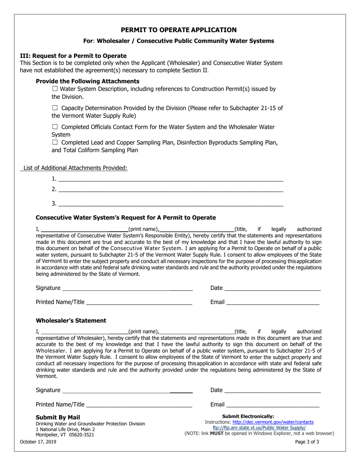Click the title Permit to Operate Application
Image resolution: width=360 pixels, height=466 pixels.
pos(179,30)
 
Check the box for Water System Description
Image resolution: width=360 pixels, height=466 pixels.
pos(55,89)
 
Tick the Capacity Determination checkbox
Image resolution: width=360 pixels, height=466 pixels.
pos(55,108)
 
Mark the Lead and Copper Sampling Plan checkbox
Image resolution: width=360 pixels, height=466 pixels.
pos(55,142)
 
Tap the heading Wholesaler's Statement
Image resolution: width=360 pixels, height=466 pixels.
pos(71,321)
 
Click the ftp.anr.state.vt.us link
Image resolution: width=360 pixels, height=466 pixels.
pos(259,428)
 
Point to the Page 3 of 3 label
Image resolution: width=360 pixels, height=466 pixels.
pos(307,441)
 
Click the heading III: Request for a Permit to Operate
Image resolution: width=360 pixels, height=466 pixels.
pos(73,56)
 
